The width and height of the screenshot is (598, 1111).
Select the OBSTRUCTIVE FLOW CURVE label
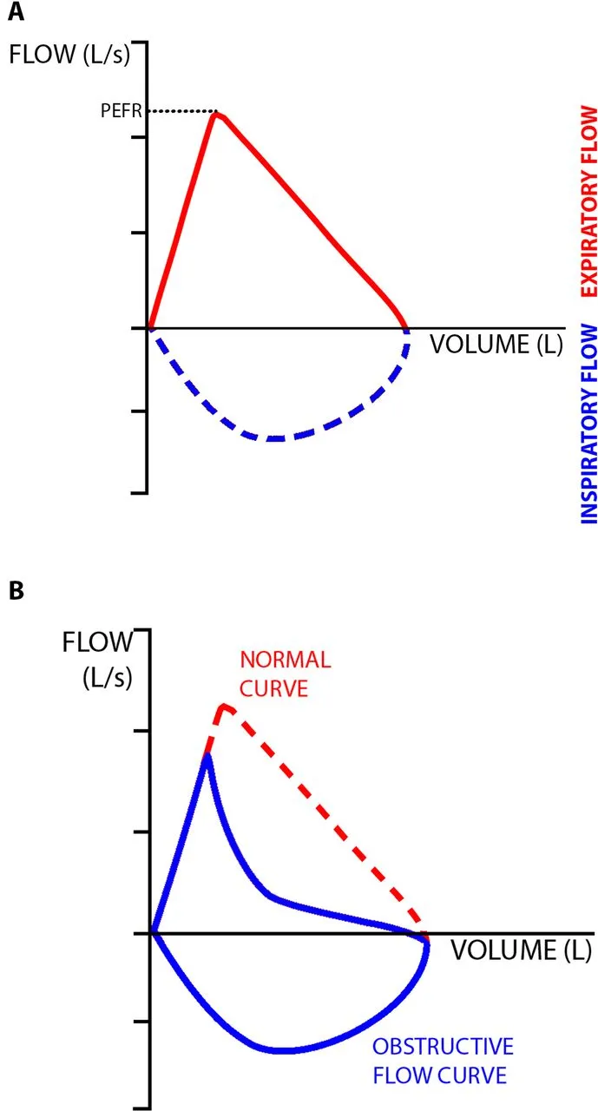pyautogui.click(x=443, y=1060)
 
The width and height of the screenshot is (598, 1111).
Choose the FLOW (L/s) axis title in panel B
pyautogui.click(x=96, y=658)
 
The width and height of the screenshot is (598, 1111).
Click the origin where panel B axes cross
pyautogui.click(x=153, y=933)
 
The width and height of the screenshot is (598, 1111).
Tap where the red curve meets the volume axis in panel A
pyautogui.click(x=405, y=328)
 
